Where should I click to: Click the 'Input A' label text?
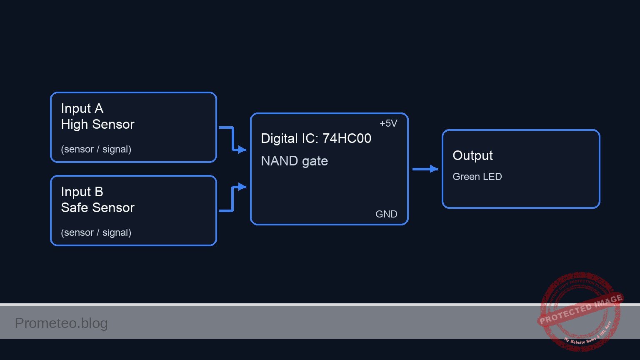coord(82,108)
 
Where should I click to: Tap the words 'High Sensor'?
coord(97,124)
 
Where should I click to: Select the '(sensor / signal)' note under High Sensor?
coord(96,149)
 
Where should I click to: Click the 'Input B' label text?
coord(82,192)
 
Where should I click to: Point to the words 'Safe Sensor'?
coord(97,207)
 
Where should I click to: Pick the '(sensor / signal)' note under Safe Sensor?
coord(96,232)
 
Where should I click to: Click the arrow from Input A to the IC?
coord(233,139)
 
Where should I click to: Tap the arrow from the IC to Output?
coord(425,169)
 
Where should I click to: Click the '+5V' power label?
coord(388,123)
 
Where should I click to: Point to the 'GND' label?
coord(386,214)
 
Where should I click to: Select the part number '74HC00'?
coord(347,138)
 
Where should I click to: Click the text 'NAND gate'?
coord(294,161)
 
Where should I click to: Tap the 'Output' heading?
coord(472,155)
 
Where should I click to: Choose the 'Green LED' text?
coord(477,177)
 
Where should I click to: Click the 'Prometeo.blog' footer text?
coord(61,323)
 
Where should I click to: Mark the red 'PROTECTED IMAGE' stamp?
coord(580,310)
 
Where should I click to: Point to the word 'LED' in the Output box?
coord(492,177)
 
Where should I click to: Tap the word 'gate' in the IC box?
coord(315,161)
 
